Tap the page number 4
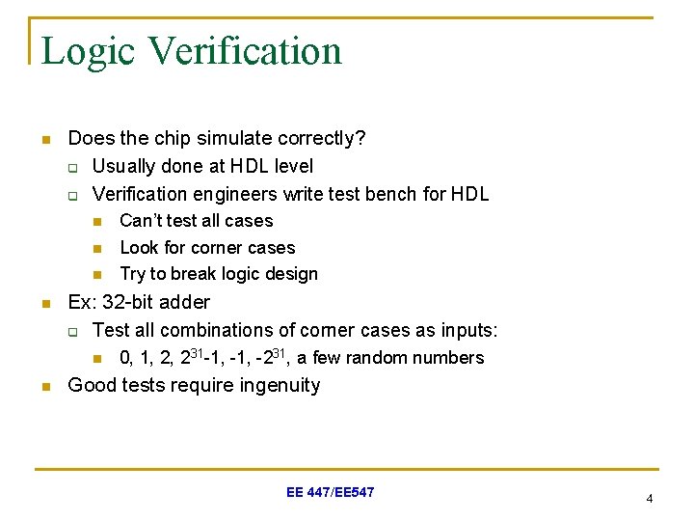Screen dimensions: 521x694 tap(650, 499)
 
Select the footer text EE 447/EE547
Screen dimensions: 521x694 tap(331, 493)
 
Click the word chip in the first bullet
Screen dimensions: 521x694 tap(168, 139)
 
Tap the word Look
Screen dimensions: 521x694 tap(139, 248)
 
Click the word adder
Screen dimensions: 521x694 tap(185, 302)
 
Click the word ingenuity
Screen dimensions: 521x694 tap(275, 385)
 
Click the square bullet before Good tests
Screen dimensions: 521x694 tap(43, 387)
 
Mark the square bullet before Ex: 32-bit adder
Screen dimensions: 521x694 tap(43, 304)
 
